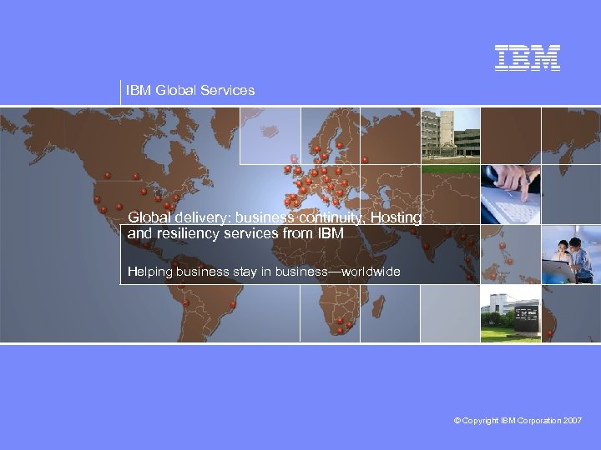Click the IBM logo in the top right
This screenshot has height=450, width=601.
pyautogui.click(x=528, y=57)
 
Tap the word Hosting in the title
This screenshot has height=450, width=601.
pyautogui.click(x=396, y=217)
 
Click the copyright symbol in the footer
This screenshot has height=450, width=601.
pyautogui.click(x=457, y=422)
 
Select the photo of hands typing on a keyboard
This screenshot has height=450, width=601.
pyautogui.click(x=510, y=194)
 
